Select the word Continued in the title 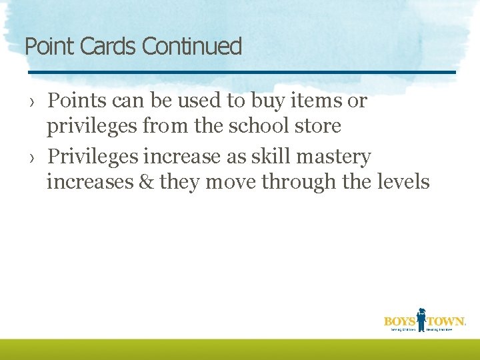[x=192, y=47]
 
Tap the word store [x=316, y=125]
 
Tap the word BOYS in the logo [x=399, y=321]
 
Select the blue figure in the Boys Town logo [x=421, y=319]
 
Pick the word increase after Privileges [x=180, y=157]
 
